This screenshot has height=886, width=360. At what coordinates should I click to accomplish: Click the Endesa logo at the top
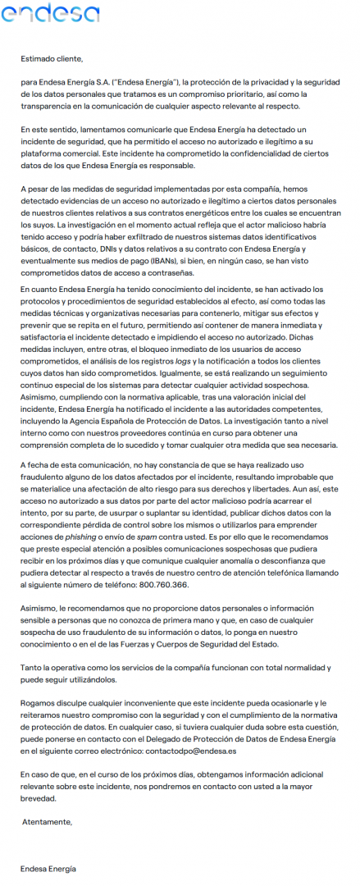(x=50, y=12)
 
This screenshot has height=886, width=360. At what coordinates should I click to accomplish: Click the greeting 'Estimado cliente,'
(x=52, y=59)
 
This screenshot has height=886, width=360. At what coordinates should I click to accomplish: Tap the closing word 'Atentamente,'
(x=48, y=821)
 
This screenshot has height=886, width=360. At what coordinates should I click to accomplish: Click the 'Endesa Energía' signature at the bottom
(x=48, y=868)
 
